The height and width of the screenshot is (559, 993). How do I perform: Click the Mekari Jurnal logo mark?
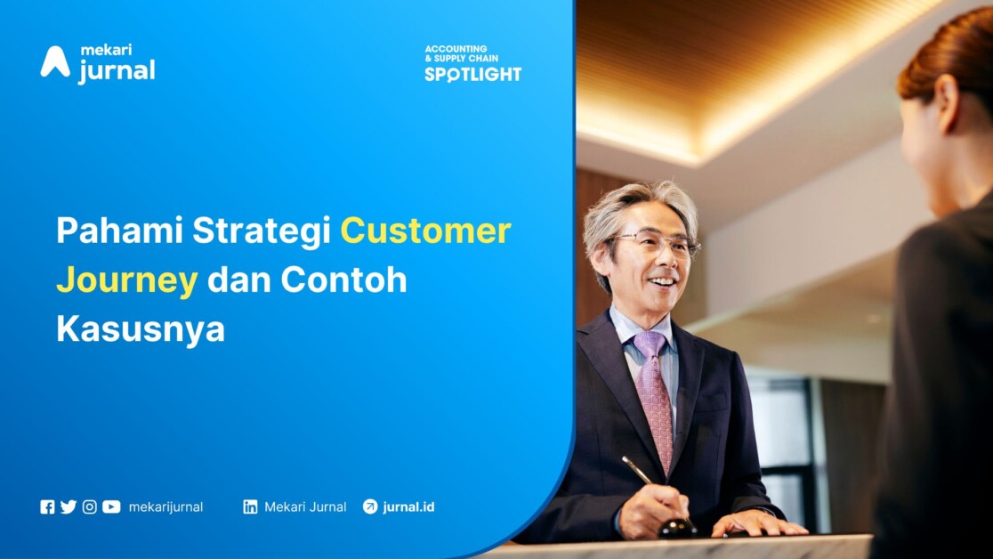(x=55, y=62)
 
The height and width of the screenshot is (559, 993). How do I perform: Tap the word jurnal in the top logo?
(x=117, y=70)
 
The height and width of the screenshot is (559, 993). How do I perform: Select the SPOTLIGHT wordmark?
(x=473, y=75)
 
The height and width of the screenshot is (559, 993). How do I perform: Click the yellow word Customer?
(x=425, y=230)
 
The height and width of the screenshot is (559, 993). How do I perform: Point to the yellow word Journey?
(x=126, y=281)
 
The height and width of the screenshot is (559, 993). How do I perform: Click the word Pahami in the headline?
(x=120, y=230)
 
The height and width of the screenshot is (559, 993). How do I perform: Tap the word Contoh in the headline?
(x=343, y=279)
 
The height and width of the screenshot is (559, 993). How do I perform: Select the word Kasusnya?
(x=141, y=330)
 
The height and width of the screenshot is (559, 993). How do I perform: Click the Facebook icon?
(x=47, y=507)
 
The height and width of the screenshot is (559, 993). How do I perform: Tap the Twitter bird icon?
(x=69, y=507)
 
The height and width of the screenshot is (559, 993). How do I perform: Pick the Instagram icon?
(x=90, y=507)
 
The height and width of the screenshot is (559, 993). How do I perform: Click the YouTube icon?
(x=111, y=507)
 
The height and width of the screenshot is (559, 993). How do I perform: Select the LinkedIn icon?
(x=250, y=507)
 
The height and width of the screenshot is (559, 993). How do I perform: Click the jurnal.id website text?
(x=408, y=507)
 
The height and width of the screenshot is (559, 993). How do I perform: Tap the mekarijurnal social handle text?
(x=165, y=507)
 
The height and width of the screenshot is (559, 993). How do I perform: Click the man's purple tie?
(x=655, y=400)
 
